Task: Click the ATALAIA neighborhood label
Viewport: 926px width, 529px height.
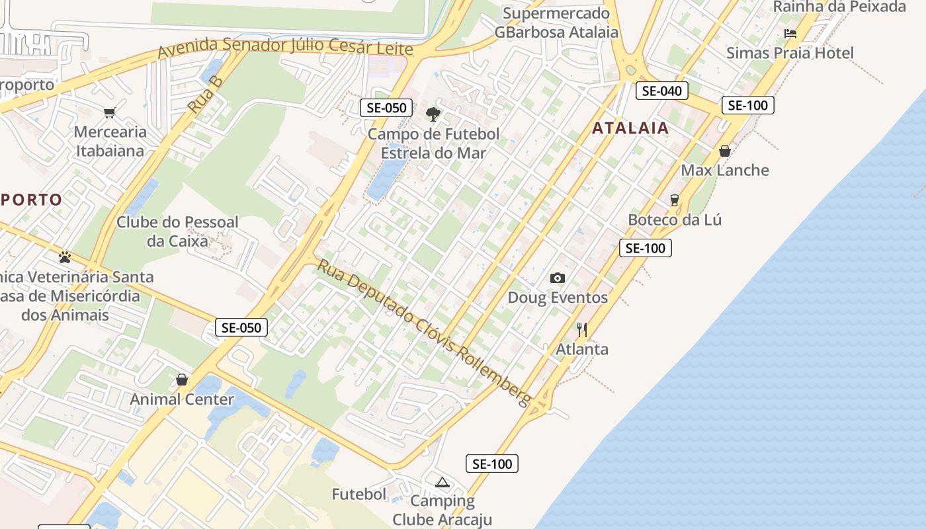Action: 630,128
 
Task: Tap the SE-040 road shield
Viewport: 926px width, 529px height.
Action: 661,91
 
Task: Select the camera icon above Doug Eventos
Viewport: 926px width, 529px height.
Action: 558,278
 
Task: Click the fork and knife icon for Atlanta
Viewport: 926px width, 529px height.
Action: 582,329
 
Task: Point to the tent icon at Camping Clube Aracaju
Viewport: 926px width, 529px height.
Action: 442,481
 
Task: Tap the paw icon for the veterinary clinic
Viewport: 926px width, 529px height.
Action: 65,257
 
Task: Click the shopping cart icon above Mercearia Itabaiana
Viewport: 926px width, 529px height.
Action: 109,112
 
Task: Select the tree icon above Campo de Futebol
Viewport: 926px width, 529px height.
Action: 433,114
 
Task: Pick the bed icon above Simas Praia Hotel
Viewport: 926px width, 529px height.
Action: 790,33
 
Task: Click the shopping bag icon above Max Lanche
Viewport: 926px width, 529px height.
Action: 725,151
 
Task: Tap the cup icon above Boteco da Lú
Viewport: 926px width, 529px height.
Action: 675,200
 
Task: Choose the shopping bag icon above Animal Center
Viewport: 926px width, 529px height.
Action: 182,380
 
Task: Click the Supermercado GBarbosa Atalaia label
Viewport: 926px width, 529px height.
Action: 556,22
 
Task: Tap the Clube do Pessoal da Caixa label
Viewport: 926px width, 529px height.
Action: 177,231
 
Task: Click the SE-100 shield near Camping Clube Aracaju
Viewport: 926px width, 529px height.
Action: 492,464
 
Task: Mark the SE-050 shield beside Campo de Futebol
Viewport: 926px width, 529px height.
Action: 386,108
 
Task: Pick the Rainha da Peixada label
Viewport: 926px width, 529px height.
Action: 839,7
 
